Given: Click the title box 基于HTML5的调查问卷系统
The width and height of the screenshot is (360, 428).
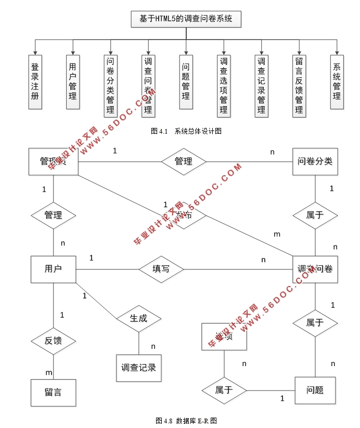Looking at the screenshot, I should tap(186, 20).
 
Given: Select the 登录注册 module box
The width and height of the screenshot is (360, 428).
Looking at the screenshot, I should tap(35, 82).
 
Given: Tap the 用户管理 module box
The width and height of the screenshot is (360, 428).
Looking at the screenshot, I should tap(73, 82).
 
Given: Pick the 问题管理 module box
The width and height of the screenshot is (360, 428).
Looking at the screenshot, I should tap(186, 82).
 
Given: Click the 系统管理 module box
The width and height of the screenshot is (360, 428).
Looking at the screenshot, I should tap(337, 82).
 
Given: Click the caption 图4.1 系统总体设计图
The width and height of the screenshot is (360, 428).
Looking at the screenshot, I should tap(186, 132).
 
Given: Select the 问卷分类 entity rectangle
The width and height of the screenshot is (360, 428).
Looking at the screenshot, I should tap(315, 161).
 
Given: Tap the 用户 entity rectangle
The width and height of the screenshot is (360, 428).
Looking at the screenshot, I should tap(53, 269).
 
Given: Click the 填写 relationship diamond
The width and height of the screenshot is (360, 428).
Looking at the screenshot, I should tap(161, 269).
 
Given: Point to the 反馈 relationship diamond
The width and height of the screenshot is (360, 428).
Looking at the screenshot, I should tap(53, 341).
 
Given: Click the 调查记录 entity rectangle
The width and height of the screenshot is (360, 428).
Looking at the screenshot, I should tap(139, 368).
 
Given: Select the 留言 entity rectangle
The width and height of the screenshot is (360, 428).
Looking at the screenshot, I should tap(53, 392).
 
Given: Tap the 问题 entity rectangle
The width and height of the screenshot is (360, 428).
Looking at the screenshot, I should tap(315, 390).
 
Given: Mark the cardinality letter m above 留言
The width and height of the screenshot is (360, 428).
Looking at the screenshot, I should tap(48, 372).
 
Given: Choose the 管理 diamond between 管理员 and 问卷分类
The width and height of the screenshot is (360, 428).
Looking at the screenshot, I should tap(184, 161).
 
